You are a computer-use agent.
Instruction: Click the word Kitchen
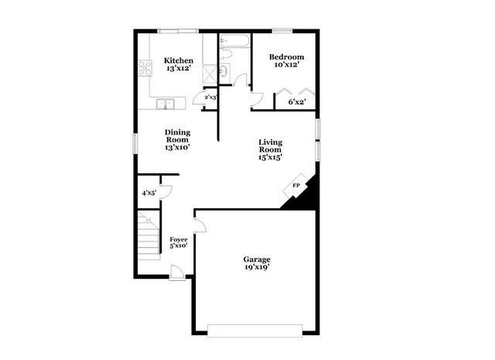point(178,60)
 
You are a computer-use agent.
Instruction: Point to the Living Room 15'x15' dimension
point(270,157)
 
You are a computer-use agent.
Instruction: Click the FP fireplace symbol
point(295,187)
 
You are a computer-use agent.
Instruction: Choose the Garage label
point(257,259)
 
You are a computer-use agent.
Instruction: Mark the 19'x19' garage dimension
point(257,268)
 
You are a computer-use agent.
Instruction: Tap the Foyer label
point(179,240)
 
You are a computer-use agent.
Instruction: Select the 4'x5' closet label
point(148,193)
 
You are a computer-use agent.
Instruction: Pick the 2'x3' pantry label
point(210,98)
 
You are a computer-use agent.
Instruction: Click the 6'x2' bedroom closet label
point(296,101)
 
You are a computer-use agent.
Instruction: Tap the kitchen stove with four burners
point(144,68)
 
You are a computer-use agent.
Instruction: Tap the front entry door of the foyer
point(177,273)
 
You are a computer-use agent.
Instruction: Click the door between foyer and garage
point(198,225)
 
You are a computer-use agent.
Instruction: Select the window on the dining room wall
point(135,142)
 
